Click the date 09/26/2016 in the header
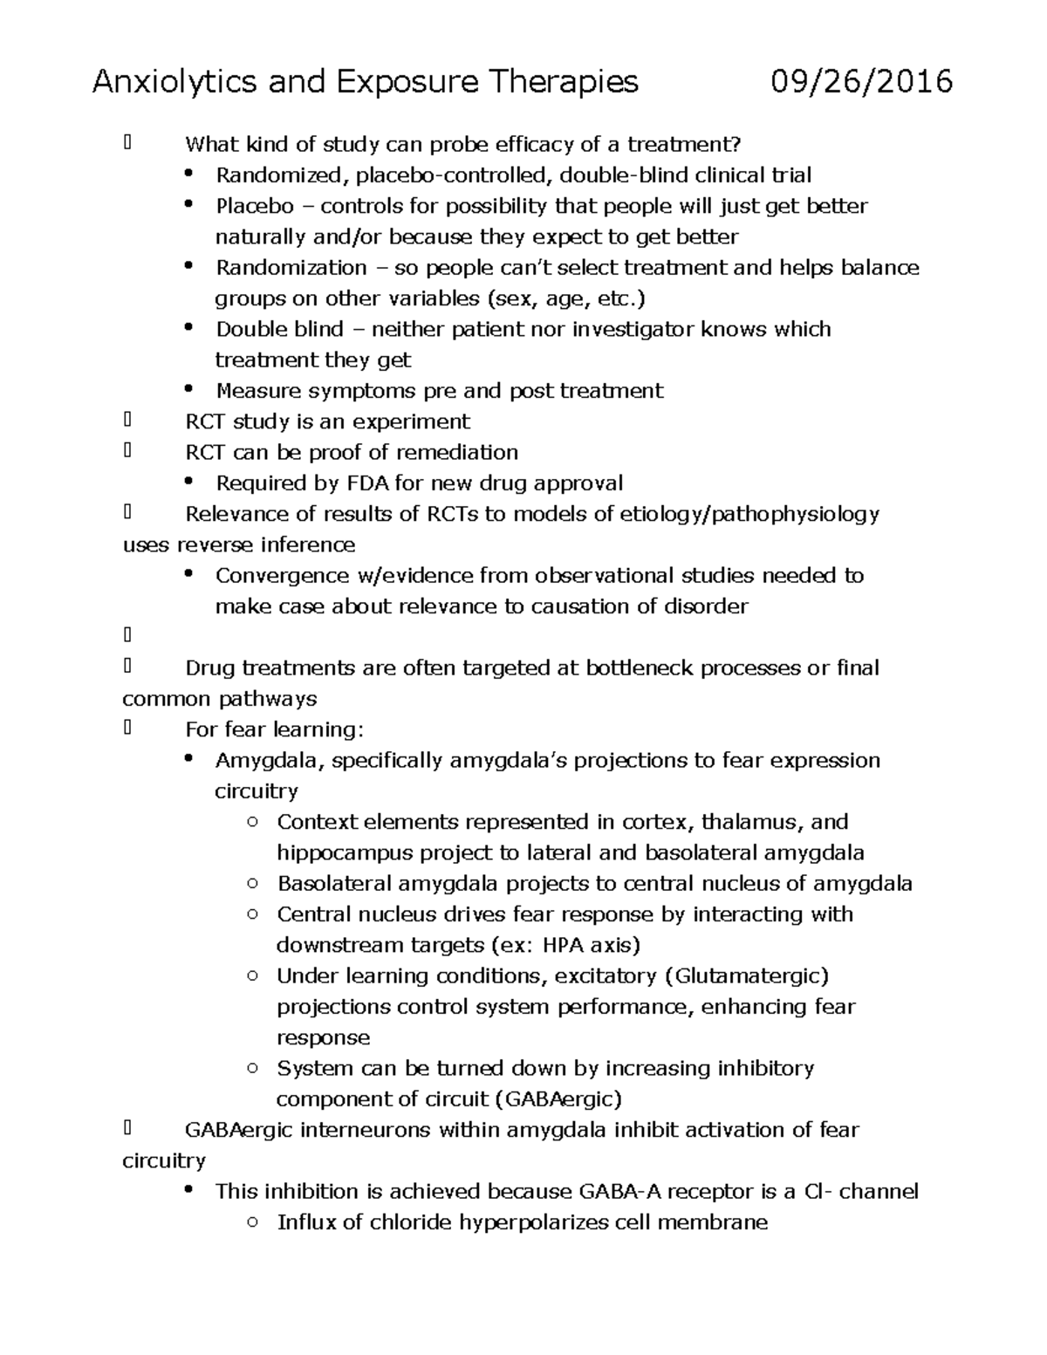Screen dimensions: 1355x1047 pyautogui.click(x=861, y=82)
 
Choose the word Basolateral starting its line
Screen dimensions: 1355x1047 pyautogui.click(x=334, y=884)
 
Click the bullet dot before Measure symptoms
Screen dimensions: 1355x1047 pyautogui.click(x=189, y=390)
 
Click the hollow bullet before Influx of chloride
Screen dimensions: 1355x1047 pyautogui.click(x=252, y=1222)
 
